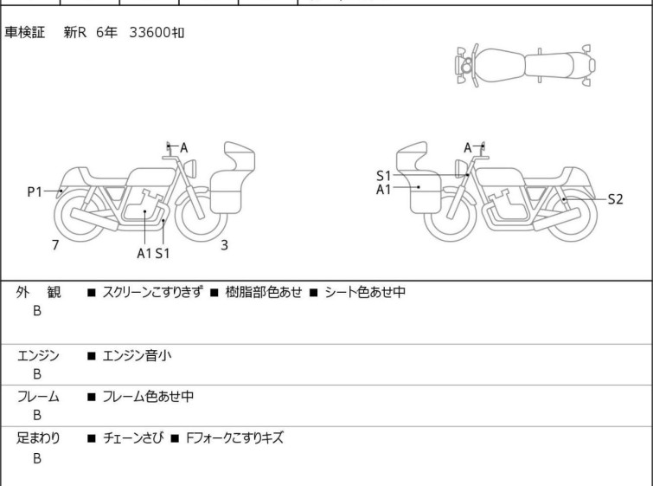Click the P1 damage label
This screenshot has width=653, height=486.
35,192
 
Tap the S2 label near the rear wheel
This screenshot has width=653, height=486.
615,199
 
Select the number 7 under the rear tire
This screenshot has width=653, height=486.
55,245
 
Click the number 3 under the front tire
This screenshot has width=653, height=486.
225,245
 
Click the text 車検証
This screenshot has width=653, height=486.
24,32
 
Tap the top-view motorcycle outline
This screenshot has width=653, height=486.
526,65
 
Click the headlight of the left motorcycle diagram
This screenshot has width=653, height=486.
190,168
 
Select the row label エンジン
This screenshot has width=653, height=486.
38,356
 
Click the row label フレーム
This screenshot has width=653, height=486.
38,396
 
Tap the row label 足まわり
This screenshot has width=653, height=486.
38,438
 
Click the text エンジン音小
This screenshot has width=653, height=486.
137,356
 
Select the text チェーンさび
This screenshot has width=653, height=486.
133,438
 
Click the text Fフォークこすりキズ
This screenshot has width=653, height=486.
234,438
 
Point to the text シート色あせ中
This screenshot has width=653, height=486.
365,292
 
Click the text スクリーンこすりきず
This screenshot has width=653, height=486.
153,292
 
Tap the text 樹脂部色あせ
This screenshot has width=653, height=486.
264,292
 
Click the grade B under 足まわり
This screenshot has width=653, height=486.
37,458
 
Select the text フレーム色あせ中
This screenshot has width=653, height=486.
148,396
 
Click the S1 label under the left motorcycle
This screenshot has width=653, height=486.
163,253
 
